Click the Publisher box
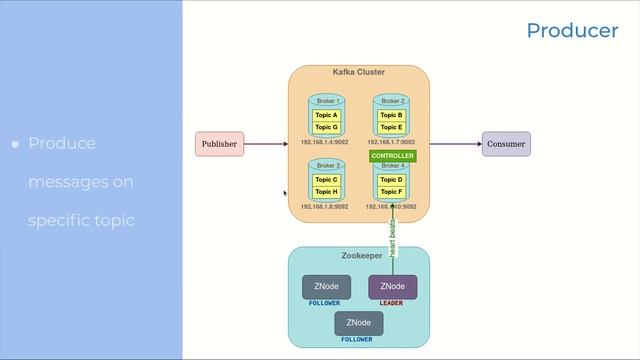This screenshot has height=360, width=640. point(219,144)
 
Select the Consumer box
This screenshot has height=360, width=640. point(506,144)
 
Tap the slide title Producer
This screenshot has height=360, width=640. point(572,31)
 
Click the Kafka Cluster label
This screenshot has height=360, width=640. point(359,72)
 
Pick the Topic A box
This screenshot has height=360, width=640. point(326,116)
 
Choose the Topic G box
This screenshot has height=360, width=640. point(326,128)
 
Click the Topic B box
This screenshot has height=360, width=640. point(391,116)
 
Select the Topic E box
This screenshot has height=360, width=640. point(391,128)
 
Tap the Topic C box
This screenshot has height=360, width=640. point(326,180)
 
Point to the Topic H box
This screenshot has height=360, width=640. point(326,192)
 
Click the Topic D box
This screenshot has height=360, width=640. point(391,180)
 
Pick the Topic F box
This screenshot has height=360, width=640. point(391,192)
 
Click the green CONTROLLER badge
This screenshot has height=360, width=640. point(392,157)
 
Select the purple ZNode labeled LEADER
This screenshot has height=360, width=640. point(392,287)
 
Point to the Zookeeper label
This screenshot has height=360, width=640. point(361,256)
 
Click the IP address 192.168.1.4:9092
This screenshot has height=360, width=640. point(324,143)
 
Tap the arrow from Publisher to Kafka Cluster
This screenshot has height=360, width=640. point(266,144)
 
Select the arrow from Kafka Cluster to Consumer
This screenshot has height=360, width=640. point(456,144)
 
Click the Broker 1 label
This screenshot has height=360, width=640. point(328,101)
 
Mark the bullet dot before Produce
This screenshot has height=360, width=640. point(15,145)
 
